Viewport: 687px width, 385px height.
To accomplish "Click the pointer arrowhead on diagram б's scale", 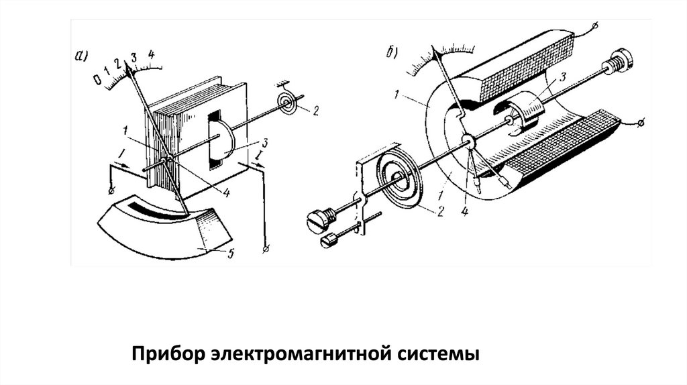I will (x=436, y=52).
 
